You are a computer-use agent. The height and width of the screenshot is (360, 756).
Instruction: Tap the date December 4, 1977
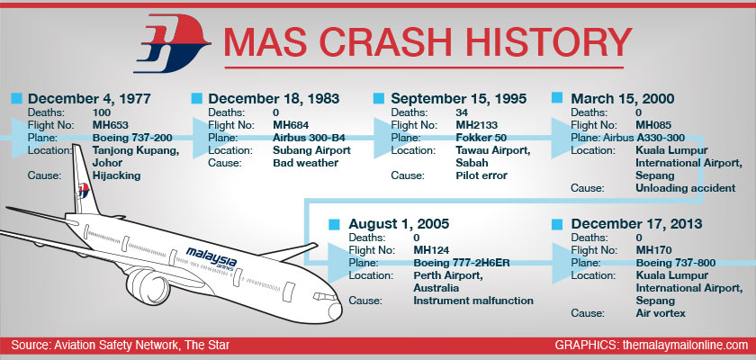point(89,99)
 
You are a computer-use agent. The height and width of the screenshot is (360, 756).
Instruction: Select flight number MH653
point(111,125)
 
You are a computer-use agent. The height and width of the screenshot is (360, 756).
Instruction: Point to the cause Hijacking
point(116,175)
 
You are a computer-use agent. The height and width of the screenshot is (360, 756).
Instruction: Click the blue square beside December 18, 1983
point(196,98)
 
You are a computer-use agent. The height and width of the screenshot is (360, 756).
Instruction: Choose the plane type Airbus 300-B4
point(309,138)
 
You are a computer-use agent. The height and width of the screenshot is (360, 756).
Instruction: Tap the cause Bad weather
point(306,163)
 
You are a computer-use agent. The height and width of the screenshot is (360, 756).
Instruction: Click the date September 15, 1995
point(458,99)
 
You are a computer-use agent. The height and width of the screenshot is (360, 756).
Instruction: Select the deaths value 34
point(462,112)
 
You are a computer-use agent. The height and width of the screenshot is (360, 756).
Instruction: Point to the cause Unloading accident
point(686,188)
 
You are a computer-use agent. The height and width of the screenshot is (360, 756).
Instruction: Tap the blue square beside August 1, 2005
point(334,223)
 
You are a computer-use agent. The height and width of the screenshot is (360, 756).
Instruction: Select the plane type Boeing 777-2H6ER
point(462,263)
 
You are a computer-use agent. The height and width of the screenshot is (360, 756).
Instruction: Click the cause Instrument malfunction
point(473,301)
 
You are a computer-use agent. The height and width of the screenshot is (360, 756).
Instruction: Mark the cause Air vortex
point(661,313)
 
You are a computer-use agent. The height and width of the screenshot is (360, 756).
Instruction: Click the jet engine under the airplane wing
point(148,286)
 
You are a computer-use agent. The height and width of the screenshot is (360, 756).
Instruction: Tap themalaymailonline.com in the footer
point(685,345)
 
